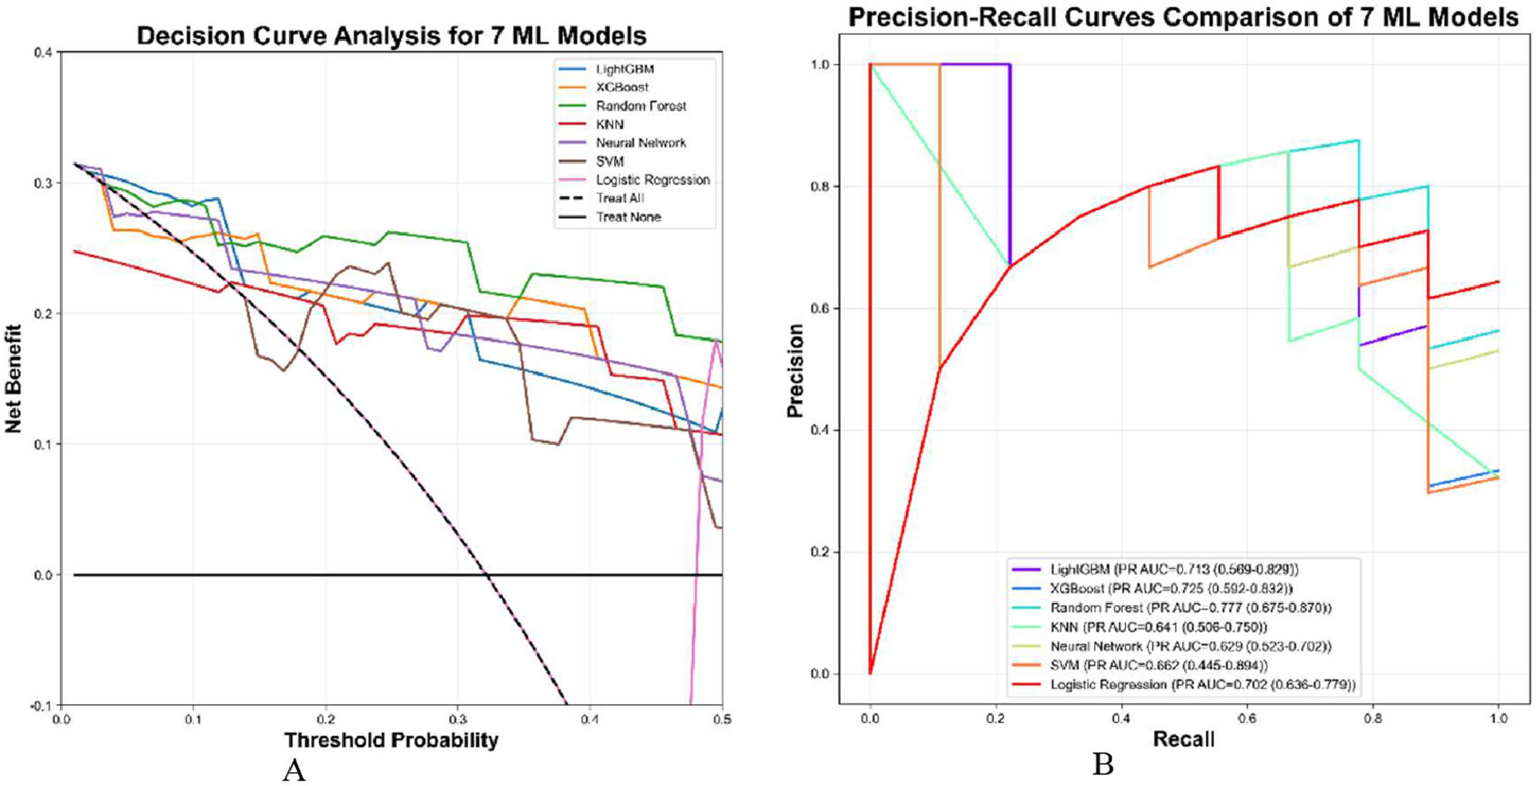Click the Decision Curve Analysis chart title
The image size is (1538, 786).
pyautogui.click(x=391, y=35)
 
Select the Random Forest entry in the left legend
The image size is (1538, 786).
pyautogui.click(x=640, y=106)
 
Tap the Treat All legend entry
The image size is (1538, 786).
pyautogui.click(x=620, y=199)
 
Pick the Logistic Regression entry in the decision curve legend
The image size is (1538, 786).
pyautogui.click(x=652, y=181)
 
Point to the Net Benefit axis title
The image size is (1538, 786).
pyautogui.click(x=13, y=378)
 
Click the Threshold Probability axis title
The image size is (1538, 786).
pyautogui.click(x=391, y=740)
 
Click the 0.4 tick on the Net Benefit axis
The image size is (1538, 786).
pyautogui.click(x=44, y=52)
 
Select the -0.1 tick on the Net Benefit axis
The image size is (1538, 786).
pyautogui.click(x=44, y=706)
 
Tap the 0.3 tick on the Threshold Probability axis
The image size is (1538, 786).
pyautogui.click(x=457, y=719)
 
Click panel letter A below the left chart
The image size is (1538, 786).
pyautogui.click(x=294, y=771)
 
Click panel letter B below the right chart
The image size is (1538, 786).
pyautogui.click(x=1103, y=764)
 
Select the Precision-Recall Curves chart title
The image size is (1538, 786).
pyautogui.click(x=1183, y=17)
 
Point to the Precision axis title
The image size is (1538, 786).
pyautogui.click(x=795, y=370)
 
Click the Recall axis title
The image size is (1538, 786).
pyautogui.click(x=1184, y=739)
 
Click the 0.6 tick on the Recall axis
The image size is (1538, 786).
pyautogui.click(x=1247, y=719)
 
